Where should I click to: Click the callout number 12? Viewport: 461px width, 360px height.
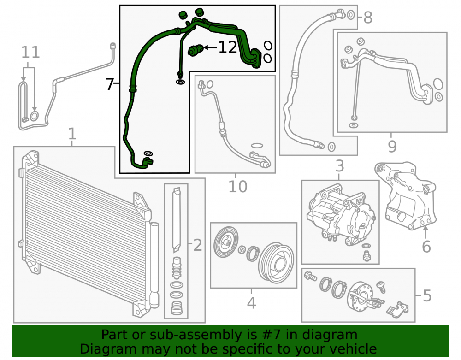point(228,47)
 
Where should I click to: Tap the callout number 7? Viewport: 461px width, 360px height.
point(110,84)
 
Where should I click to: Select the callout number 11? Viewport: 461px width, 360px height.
point(30,52)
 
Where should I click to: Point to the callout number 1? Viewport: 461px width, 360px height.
point(72,134)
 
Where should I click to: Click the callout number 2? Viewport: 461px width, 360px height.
point(198,245)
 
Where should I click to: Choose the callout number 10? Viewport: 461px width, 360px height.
point(237,186)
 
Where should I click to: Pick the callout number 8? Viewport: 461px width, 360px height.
point(368,18)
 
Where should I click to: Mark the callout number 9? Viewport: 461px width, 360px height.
point(392,146)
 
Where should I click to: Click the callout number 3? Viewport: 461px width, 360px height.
point(340,166)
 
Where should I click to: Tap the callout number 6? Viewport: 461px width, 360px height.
point(426,246)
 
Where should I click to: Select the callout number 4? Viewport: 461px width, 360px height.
point(251,303)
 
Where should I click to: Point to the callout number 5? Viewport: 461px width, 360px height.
point(427,295)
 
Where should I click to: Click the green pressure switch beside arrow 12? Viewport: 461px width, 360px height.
point(195,50)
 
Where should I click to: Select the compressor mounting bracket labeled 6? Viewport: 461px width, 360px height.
point(406,195)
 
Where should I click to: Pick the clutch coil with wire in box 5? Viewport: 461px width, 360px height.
point(361,296)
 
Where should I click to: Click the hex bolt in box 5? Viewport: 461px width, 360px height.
point(311,276)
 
